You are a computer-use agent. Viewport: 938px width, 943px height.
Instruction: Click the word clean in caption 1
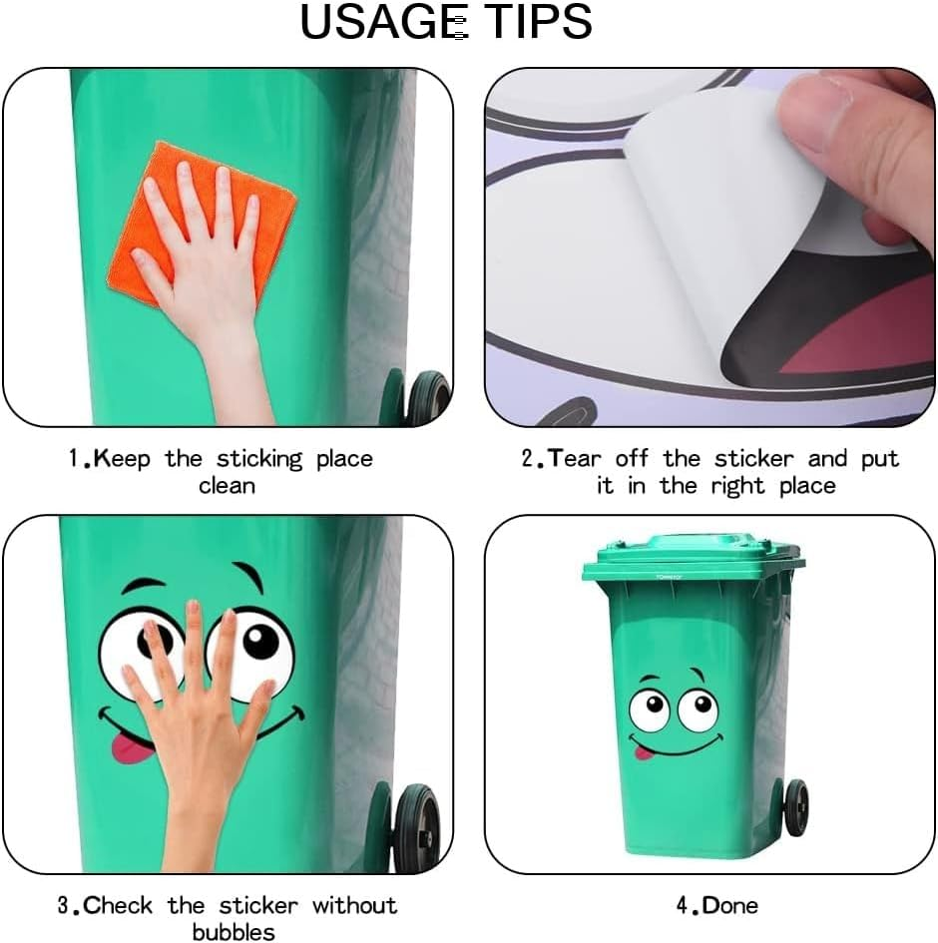227,486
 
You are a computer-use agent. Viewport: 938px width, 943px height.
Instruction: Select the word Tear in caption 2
577,459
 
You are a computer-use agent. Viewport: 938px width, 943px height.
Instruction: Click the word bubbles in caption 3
234,932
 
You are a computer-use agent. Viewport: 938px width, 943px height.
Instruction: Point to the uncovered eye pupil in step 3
261,640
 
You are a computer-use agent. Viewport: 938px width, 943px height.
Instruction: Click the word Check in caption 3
118,906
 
